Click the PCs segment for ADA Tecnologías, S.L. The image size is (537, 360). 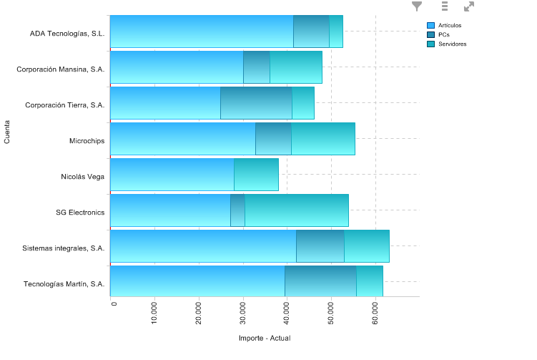point(311,31)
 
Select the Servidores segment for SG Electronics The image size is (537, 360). point(296,210)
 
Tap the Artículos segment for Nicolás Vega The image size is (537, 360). point(172,175)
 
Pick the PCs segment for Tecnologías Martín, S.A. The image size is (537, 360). point(320,281)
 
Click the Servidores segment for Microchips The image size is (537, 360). point(322,139)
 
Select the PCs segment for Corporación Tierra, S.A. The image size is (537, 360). point(256,103)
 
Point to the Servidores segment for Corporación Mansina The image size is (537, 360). point(295,67)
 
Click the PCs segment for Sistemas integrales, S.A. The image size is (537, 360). point(320,246)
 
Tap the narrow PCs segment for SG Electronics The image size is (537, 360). point(237,210)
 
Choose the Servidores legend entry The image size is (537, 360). point(452,44)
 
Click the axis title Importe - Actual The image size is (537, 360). point(265,338)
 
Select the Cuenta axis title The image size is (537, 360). point(7,132)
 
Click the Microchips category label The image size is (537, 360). point(87,140)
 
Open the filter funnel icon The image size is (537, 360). point(417,6)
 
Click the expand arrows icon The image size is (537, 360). point(469,6)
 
